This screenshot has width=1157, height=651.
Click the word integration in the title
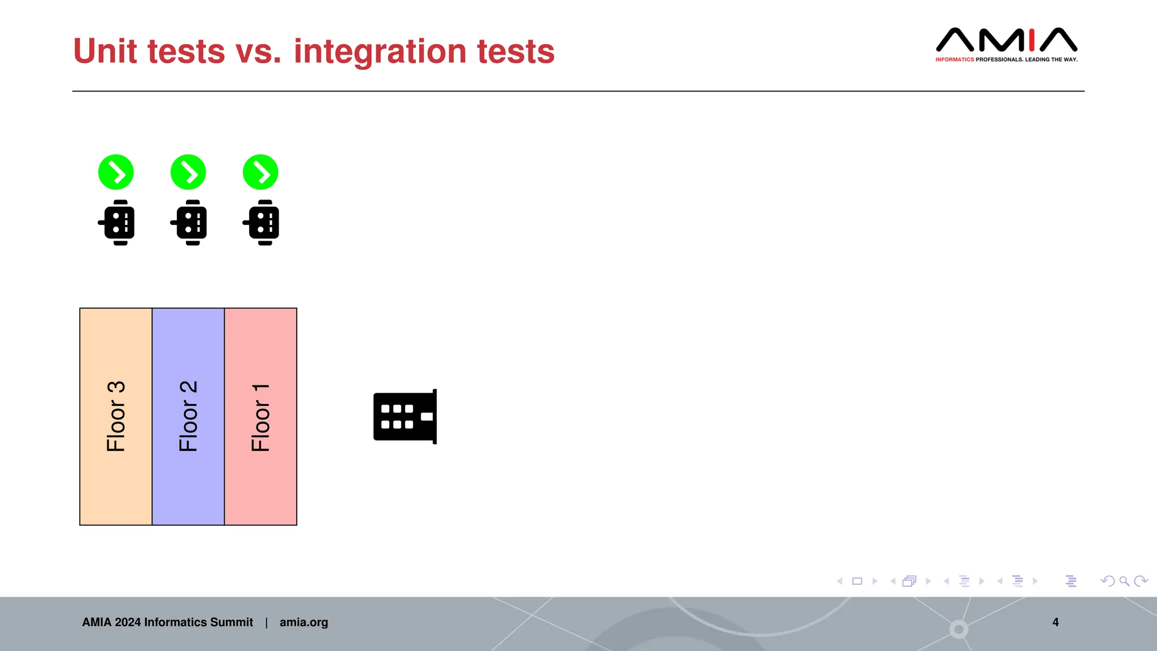(380, 51)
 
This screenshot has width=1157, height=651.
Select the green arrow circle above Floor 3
(116, 172)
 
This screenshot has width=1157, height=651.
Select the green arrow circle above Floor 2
(188, 172)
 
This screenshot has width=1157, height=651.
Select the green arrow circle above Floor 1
(260, 172)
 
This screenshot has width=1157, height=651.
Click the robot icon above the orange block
(117, 223)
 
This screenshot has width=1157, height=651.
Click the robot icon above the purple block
(189, 223)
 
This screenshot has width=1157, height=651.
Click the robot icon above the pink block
(262, 223)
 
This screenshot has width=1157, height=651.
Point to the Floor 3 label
(116, 416)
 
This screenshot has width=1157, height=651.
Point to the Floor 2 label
(188, 416)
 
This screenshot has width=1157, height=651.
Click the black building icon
(405, 416)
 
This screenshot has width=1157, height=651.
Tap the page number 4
(1055, 622)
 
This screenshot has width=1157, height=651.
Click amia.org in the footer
(303, 622)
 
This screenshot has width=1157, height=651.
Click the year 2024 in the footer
(128, 622)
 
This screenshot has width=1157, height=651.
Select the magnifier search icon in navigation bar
(1124, 581)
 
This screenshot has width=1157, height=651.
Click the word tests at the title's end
(515, 51)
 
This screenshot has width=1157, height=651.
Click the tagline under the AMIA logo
(1006, 59)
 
